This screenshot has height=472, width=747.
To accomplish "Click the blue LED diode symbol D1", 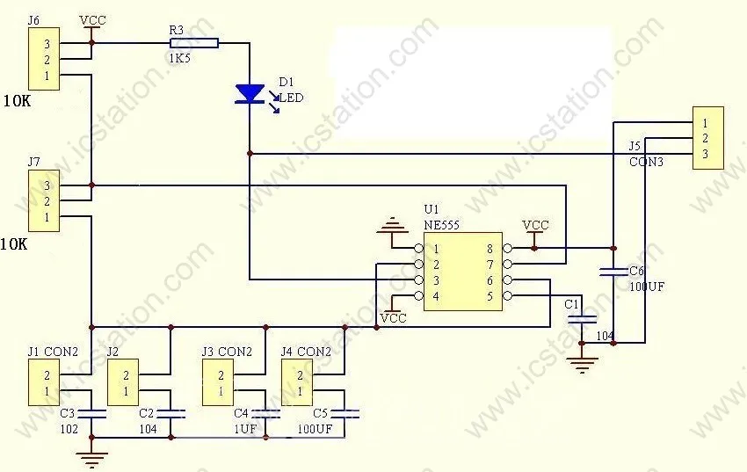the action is point(250,94).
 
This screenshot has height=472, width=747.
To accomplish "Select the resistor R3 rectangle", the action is point(194,43).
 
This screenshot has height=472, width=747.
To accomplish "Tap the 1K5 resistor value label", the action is point(180,59).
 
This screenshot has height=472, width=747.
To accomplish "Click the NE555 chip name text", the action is point(442,224).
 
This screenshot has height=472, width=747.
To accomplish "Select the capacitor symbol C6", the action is point(613,272).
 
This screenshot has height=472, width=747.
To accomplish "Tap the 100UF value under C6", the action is point(647,287).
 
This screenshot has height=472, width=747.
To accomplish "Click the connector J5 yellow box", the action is point(708,138).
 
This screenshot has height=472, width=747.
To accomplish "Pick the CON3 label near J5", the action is point(646,162).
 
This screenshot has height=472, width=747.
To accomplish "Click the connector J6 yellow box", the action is point(44,59).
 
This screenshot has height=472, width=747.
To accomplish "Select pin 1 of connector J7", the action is point(47,217).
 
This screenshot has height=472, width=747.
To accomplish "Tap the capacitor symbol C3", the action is point(91,413).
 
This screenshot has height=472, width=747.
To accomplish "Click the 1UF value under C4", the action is point(245,429).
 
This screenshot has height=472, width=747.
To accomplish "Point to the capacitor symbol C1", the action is point(581,320).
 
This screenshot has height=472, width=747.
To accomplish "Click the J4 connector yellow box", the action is point(297,382).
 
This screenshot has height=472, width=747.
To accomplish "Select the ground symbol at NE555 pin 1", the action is point(392,226).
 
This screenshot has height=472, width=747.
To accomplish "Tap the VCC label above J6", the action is point(92,20).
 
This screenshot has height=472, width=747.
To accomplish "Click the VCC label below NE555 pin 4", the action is point(394,317).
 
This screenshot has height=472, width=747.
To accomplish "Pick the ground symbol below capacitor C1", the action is point(581,365).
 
